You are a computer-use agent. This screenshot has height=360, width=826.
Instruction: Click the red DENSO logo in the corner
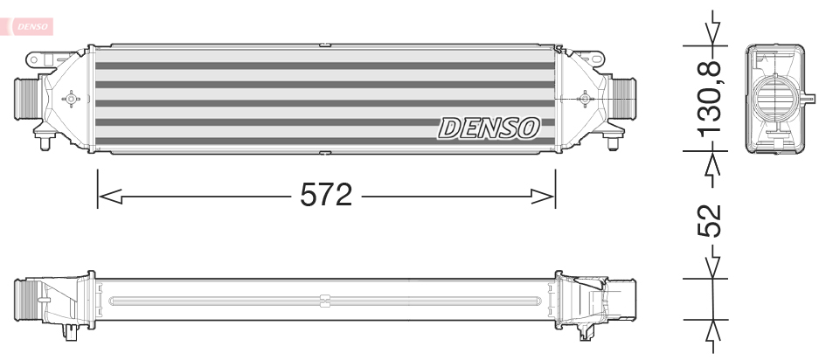[x=32, y=26]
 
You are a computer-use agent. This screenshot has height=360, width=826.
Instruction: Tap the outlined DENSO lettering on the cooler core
[x=489, y=129]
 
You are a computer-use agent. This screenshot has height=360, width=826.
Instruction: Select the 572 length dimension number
[x=326, y=195]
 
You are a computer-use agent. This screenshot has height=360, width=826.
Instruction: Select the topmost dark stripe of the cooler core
[x=323, y=66]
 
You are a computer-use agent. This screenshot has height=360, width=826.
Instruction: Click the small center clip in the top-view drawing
[x=323, y=301]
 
